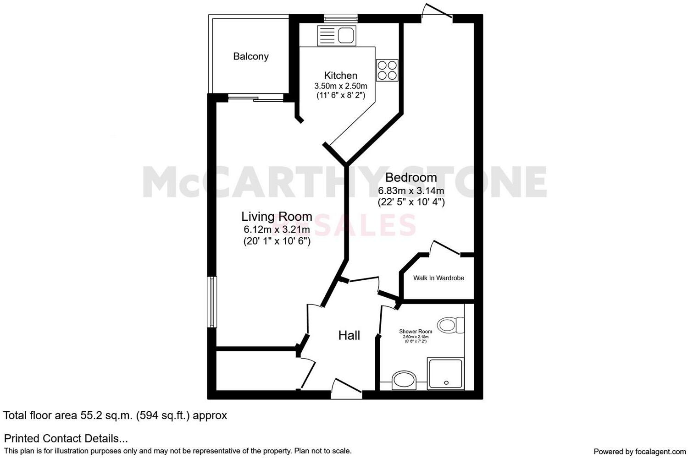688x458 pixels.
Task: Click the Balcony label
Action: pyautogui.click(x=251, y=56)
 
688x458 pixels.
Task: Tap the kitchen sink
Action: pyautogui.click(x=336, y=35)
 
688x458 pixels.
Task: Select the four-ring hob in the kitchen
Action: pyautogui.click(x=387, y=70)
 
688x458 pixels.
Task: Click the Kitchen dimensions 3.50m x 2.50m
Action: pyautogui.click(x=341, y=86)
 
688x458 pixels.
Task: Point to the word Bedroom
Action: pyautogui.click(x=411, y=177)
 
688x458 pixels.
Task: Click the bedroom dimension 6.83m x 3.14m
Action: pyautogui.click(x=411, y=191)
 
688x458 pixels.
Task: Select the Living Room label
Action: pyautogui.click(x=277, y=216)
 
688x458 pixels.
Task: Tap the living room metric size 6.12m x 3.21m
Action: pyautogui.click(x=277, y=229)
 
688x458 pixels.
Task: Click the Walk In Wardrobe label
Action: pyautogui.click(x=438, y=278)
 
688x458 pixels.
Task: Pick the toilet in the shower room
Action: pyautogui.click(x=449, y=325)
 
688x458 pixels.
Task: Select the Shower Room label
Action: pyautogui.click(x=416, y=332)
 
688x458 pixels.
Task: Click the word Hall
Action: pyautogui.click(x=349, y=336)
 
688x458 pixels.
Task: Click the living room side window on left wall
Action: pyautogui.click(x=212, y=302)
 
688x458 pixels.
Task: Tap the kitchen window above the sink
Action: pyautogui.click(x=340, y=18)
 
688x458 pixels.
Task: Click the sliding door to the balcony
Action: pyautogui.click(x=255, y=97)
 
